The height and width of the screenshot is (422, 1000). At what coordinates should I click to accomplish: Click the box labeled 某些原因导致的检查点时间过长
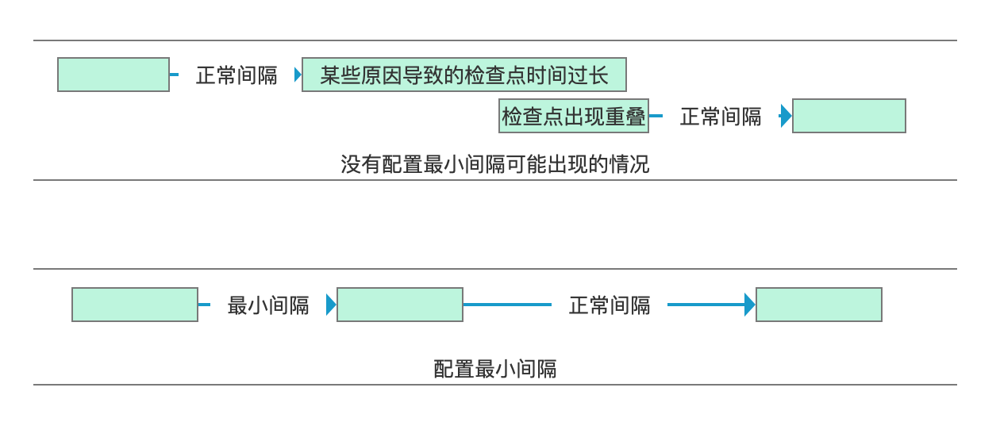pyautogui.click(x=464, y=75)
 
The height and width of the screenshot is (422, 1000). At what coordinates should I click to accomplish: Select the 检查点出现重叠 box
pyautogui.click(x=573, y=116)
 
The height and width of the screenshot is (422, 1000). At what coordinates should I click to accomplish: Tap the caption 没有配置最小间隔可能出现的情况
pyautogui.click(x=494, y=164)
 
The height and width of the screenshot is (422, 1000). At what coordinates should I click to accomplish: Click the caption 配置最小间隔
pyautogui.click(x=494, y=369)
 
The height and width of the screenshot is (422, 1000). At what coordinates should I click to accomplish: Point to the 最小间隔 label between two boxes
pyautogui.click(x=268, y=305)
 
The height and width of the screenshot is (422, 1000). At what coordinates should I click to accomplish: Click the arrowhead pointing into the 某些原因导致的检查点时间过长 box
pyautogui.click(x=298, y=75)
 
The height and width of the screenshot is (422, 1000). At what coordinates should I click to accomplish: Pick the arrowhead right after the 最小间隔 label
pyautogui.click(x=331, y=305)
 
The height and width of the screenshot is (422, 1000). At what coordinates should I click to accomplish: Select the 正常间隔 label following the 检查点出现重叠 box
pyautogui.click(x=721, y=117)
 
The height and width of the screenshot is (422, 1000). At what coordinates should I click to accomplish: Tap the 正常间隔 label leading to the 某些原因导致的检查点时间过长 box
pyautogui.click(x=237, y=75)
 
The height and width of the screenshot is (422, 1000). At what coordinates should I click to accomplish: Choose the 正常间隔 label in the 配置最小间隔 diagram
pyautogui.click(x=610, y=305)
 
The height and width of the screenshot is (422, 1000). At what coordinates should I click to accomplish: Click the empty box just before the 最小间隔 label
pyautogui.click(x=135, y=305)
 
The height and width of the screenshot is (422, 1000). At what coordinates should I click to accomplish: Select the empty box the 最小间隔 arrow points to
pyautogui.click(x=400, y=305)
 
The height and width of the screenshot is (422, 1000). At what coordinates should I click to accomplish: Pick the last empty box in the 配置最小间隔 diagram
pyautogui.click(x=818, y=305)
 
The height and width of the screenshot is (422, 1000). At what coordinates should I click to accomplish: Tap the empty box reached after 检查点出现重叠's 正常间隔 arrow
pyautogui.click(x=849, y=116)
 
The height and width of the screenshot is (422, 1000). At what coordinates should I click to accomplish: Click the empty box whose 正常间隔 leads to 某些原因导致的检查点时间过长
pyautogui.click(x=113, y=75)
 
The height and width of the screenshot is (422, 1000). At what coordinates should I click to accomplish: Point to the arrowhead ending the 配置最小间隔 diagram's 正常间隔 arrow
pyautogui.click(x=749, y=305)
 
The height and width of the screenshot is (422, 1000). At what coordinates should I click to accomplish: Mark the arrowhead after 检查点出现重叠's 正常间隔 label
pyautogui.click(x=786, y=116)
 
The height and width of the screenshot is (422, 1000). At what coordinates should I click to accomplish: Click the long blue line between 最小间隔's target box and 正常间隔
pyautogui.click(x=507, y=305)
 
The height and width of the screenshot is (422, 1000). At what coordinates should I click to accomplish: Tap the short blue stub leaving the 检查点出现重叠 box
pyautogui.click(x=656, y=116)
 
